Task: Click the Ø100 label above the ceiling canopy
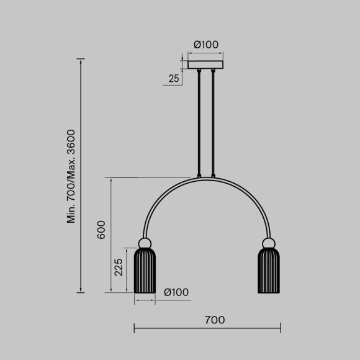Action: pyautogui.click(x=206, y=45)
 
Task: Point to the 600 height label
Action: pyautogui.click(x=102, y=230)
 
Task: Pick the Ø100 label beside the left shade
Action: pyautogui.click(x=176, y=292)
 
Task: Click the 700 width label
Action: pyautogui.click(x=214, y=320)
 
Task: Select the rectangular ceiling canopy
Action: pyautogui.click(x=205, y=64)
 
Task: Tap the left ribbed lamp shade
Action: pyautogui.click(x=145, y=271)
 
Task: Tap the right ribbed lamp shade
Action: pyautogui.click(x=269, y=271)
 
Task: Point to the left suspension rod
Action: pyautogui.click(x=199, y=124)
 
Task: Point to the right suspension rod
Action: pyautogui.click(x=212, y=124)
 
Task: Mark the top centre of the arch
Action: pyautogui.click(x=206, y=179)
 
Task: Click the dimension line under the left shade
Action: pyautogui.click(x=145, y=301)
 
